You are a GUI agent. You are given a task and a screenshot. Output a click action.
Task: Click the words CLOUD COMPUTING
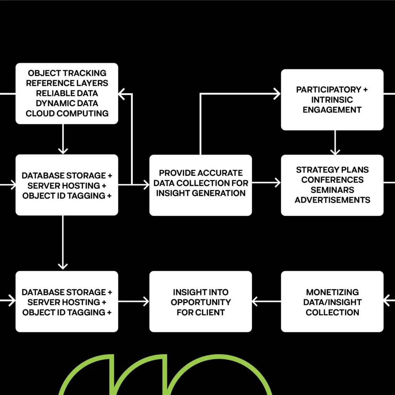click(x=67, y=113)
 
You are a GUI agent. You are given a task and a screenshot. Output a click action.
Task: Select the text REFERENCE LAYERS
click(x=67, y=83)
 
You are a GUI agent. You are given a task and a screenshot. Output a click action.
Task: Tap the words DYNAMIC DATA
click(x=67, y=103)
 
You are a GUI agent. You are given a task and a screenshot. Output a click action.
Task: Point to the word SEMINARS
click(x=332, y=190)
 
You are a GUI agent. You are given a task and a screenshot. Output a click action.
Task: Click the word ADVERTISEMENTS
click(x=332, y=200)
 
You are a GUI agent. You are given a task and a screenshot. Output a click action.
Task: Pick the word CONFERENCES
click(x=332, y=180)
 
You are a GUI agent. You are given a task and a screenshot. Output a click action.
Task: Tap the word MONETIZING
click(x=332, y=292)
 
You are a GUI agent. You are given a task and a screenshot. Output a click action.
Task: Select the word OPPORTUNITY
click(x=201, y=302)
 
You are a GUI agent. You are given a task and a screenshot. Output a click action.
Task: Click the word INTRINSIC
click(x=332, y=100)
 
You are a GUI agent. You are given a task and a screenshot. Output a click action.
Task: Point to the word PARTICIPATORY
click(x=329, y=89)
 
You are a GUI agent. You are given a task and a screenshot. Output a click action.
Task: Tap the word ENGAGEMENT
click(x=332, y=110)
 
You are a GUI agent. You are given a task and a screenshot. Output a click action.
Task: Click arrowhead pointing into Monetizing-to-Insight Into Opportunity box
click(x=255, y=301)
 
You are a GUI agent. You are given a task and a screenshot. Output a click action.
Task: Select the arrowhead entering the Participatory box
click(x=277, y=94)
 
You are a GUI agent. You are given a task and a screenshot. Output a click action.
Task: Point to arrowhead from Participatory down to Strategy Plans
click(x=335, y=152)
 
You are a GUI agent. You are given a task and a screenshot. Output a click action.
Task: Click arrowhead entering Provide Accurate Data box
click(x=146, y=185)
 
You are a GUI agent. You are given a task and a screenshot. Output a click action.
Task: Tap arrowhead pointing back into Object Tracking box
click(x=122, y=94)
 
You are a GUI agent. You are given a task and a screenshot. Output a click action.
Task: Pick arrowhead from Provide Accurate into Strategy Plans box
click(x=278, y=182)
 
